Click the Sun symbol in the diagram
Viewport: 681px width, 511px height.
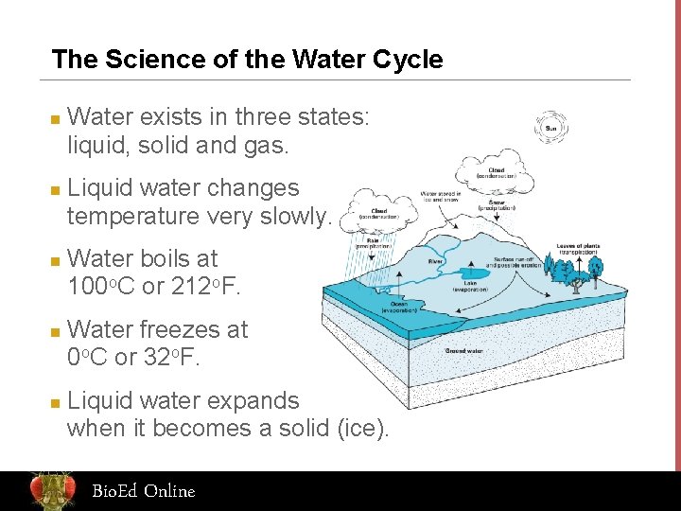pyautogui.click(x=550, y=130)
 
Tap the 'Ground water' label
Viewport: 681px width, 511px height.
pyautogui.click(x=464, y=350)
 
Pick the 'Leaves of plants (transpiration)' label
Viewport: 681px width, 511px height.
pyautogui.click(x=579, y=250)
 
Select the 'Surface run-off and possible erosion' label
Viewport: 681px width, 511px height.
pyautogui.click(x=516, y=262)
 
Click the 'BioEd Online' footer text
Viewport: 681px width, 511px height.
pyautogui.click(x=143, y=491)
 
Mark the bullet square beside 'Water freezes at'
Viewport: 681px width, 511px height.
pyautogui.click(x=56, y=332)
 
